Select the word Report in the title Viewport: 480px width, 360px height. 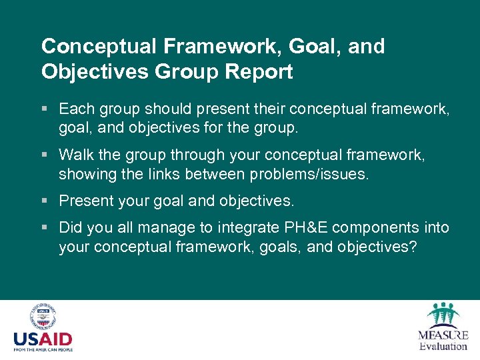pos(259,72)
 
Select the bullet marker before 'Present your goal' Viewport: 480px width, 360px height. pos(45,201)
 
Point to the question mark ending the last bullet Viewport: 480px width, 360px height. pos(413,247)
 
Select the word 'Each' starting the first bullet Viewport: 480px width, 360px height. pos(74,109)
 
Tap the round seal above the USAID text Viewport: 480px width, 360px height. pos(43,317)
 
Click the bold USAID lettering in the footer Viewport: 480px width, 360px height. pos(43,339)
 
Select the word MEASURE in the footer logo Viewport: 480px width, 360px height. pos(443,335)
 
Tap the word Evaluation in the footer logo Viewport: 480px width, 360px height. pos(443,346)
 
